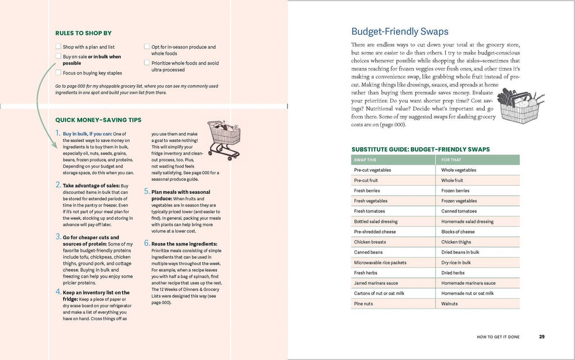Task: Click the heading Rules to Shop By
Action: (x=83, y=33)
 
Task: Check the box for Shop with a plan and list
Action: (x=58, y=47)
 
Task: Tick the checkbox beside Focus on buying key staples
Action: (x=58, y=72)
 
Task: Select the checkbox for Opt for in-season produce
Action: (x=147, y=47)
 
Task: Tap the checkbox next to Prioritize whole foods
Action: (x=147, y=63)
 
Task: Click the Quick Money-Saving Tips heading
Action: (x=98, y=120)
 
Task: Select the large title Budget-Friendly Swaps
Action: (x=400, y=32)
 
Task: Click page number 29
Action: (x=541, y=337)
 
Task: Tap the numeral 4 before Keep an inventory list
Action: (x=58, y=292)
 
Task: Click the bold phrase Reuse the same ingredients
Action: (x=184, y=244)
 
